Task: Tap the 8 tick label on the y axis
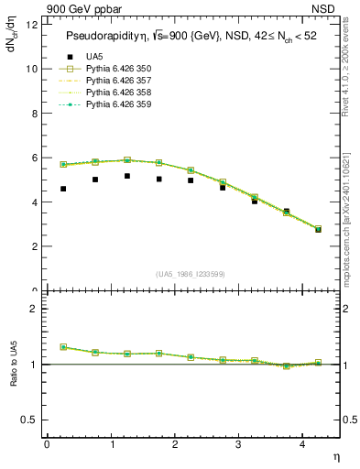pos(35,114)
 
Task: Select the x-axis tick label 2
pos(175,445)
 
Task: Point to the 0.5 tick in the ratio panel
pos(30,420)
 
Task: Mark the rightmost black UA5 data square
pos(318,229)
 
